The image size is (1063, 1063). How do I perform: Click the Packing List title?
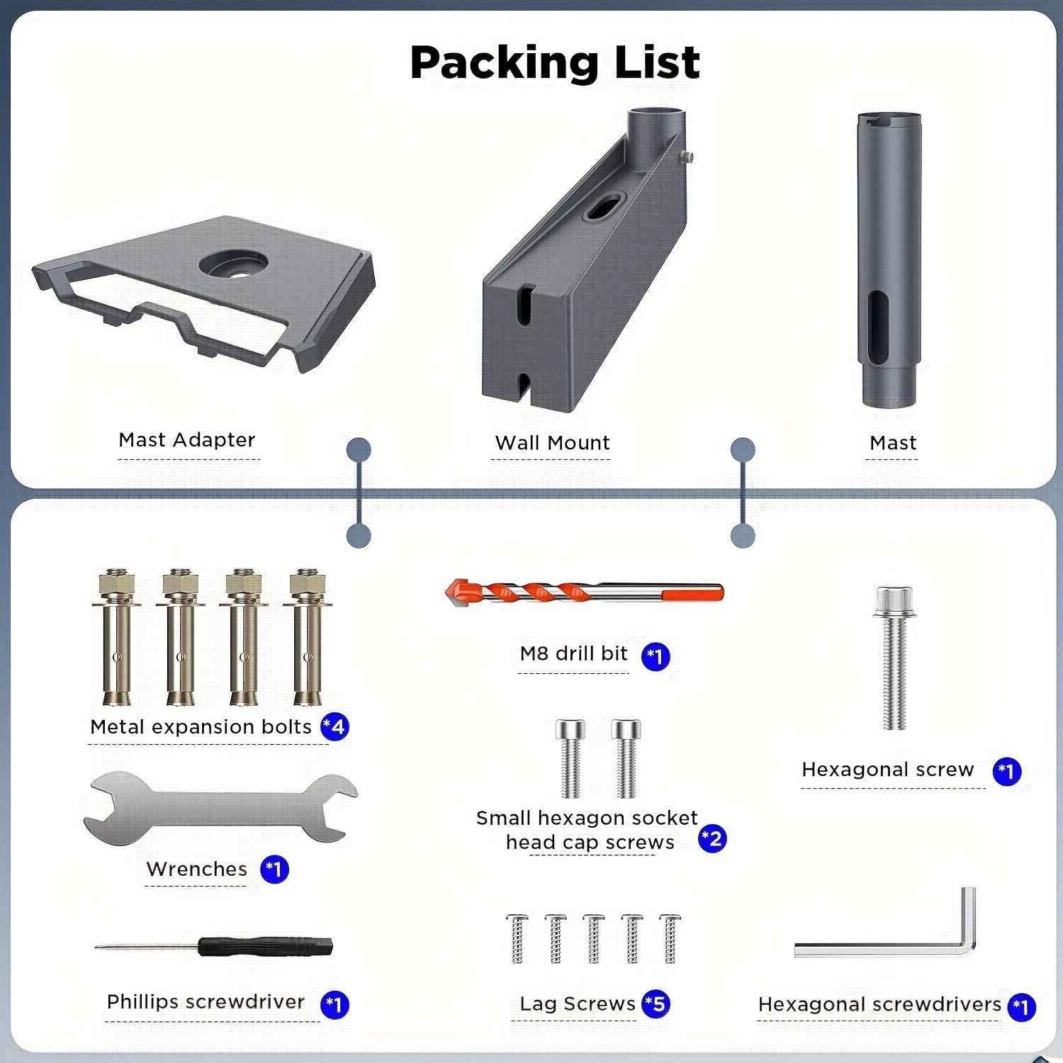click(x=555, y=62)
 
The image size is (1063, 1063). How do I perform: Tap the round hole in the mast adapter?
click(x=233, y=264)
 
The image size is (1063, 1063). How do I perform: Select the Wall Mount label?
click(x=552, y=443)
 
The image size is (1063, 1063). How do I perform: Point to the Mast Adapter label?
click(x=187, y=440)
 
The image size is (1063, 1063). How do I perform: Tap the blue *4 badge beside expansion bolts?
click(x=334, y=726)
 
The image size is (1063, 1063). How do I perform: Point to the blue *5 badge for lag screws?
click(x=656, y=1003)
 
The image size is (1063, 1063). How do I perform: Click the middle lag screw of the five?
click(x=594, y=938)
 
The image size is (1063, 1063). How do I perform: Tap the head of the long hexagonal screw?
click(x=894, y=601)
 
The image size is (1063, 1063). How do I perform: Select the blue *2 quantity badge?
click(x=712, y=839)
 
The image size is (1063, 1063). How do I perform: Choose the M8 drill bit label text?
click(x=573, y=653)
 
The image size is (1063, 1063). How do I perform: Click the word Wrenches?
click(x=196, y=869)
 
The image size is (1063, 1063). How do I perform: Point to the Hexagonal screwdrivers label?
click(x=879, y=1004)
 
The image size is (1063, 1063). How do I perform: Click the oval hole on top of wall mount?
click(x=603, y=208)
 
